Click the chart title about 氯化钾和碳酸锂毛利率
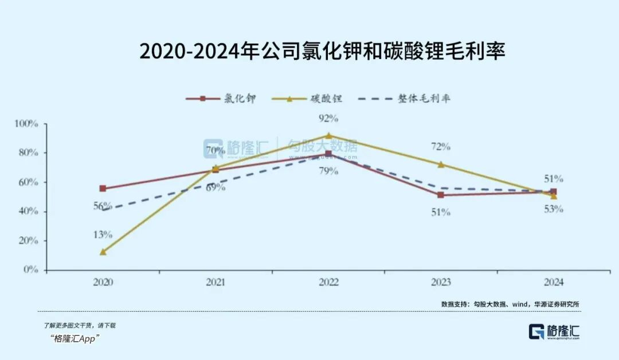pyautogui.click(x=322, y=50)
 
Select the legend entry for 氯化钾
pyautogui.click(x=221, y=99)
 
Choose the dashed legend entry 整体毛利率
pyautogui.click(x=403, y=99)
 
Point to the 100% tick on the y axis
pyautogui.click(x=26, y=123)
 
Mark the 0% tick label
pyautogui.click(x=30, y=269)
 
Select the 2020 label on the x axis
pyautogui.click(x=103, y=282)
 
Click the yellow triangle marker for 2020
pyautogui.click(x=103, y=252)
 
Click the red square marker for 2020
pyautogui.click(x=103, y=188)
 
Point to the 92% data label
pyautogui.click(x=328, y=119)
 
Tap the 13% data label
pyautogui.click(x=103, y=234)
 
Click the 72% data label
pyautogui.click(x=441, y=147)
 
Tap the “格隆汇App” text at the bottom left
pyautogui.click(x=75, y=338)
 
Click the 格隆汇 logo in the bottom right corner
pyautogui.click(x=554, y=332)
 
